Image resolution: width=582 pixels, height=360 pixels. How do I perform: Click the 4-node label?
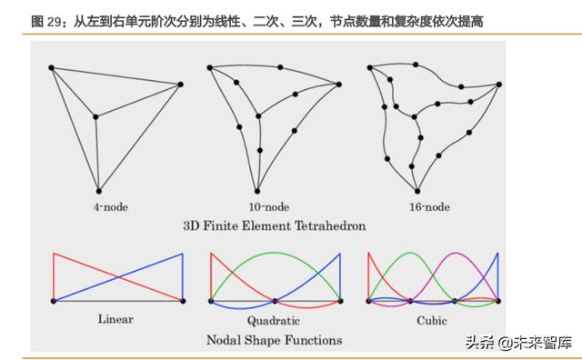point(112,206)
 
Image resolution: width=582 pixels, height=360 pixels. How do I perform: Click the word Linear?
point(115,319)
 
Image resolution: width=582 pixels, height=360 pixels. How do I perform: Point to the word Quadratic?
point(274,320)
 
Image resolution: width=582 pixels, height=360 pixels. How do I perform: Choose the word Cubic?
point(433,319)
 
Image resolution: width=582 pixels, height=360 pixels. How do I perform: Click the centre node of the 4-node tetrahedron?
point(95,115)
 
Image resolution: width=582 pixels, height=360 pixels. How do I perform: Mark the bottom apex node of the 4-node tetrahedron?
point(98,189)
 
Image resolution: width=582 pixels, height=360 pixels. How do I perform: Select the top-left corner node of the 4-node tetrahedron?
point(51,67)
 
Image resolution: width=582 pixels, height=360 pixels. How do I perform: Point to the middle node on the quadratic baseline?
point(275,301)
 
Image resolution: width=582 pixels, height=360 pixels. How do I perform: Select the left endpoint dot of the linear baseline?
point(53,301)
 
